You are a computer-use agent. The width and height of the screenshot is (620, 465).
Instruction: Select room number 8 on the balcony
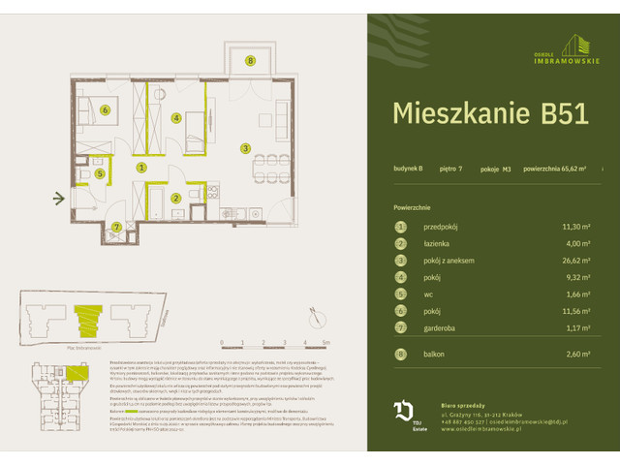coord(250,61)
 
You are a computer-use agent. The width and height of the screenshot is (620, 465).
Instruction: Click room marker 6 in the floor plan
coord(105,109)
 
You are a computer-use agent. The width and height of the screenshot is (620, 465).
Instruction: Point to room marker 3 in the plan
coord(246,148)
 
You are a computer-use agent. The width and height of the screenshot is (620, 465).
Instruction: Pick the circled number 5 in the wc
coord(100,174)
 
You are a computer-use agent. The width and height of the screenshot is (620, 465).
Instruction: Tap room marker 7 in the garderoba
coord(116,228)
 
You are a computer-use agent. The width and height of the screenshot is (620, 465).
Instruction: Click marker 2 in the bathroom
coord(175,199)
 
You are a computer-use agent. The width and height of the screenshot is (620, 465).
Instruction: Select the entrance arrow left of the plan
coord(58,200)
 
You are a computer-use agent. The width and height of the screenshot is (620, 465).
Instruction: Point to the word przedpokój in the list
coord(444,228)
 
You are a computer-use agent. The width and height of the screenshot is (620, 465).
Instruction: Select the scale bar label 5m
coord(327,342)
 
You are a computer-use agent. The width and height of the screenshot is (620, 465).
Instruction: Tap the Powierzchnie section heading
coord(412,207)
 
